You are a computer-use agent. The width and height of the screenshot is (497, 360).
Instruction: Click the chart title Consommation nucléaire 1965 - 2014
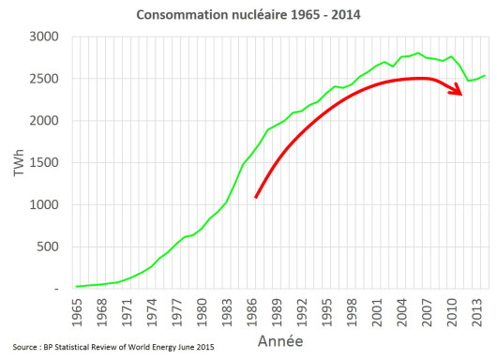pos(249,15)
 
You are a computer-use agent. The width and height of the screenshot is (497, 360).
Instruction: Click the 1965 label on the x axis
pos(76,310)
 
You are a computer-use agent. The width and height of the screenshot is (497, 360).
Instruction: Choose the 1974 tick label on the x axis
pos(152,310)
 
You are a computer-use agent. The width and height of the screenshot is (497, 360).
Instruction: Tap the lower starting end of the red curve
pos(256,197)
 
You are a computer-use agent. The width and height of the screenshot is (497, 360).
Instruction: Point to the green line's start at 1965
pos(76,286)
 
